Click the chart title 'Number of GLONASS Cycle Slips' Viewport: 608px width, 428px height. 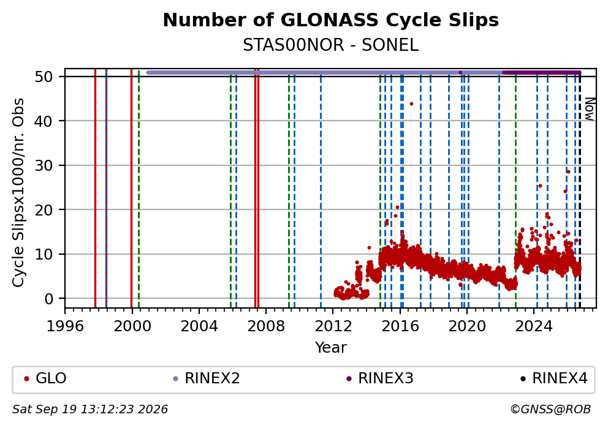tap(331, 20)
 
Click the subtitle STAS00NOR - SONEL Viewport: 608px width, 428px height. tap(331, 45)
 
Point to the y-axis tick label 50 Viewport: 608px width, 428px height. tap(44, 77)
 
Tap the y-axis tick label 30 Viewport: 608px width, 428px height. tap(44, 165)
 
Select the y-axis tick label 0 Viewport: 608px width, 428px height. tap(49, 299)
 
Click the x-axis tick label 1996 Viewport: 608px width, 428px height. tap(65, 326)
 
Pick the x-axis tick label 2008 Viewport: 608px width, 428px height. tap(266, 326)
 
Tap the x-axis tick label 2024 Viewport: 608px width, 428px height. tap(534, 326)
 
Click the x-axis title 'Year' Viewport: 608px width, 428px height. tap(331, 347)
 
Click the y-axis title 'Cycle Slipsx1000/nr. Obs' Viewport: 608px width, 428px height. tap(18, 192)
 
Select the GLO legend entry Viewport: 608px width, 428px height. tap(45, 378)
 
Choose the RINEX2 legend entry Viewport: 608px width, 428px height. tap(207, 378)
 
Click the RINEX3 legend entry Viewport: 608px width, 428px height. tap(379, 378)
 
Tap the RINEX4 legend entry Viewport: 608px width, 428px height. tap(553, 378)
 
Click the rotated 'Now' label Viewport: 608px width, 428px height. tap(589, 109)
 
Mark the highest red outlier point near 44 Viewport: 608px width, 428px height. tap(411, 104)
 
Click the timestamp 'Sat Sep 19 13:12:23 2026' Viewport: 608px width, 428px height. tap(90, 410)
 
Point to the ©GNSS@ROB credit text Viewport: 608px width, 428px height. tap(550, 410)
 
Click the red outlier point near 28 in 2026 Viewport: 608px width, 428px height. tap(568, 171)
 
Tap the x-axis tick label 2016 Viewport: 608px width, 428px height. tap(400, 326)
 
